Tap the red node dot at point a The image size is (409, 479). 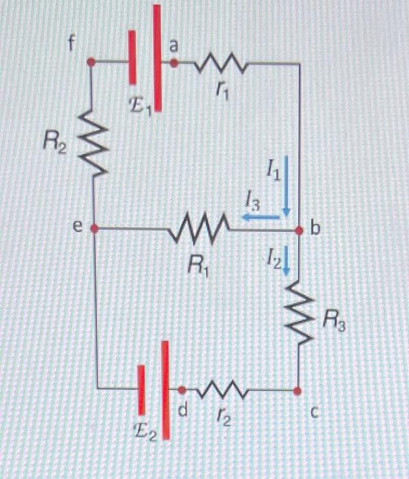tap(174, 63)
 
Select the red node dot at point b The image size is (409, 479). tap(300, 231)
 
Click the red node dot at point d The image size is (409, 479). tap(182, 390)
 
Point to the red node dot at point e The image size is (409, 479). tap(94, 229)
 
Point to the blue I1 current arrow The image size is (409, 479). tap(287, 185)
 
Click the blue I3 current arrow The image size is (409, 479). tap(260, 217)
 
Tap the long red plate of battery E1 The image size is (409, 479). tap(157, 58)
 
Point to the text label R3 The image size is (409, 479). tap(334, 319)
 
